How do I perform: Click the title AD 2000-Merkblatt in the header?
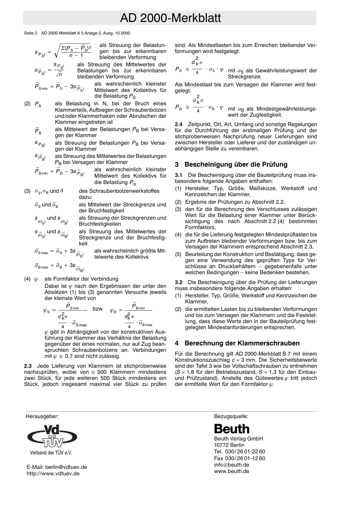click(x=170, y=18)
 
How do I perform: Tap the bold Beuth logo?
click(x=232, y=429)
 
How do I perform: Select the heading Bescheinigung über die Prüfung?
click(x=236, y=164)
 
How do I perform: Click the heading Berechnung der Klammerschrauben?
click(x=242, y=343)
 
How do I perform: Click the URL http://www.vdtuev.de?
click(x=53, y=473)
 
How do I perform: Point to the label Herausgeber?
click(x=42, y=416)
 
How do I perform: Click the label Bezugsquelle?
click(x=231, y=416)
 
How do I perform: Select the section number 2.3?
click(x=28, y=366)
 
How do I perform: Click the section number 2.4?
click(x=178, y=124)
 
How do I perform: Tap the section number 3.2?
click(x=178, y=282)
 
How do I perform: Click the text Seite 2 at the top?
click(x=30, y=33)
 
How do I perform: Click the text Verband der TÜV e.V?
click(x=51, y=453)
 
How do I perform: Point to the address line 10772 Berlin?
click(x=229, y=445)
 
